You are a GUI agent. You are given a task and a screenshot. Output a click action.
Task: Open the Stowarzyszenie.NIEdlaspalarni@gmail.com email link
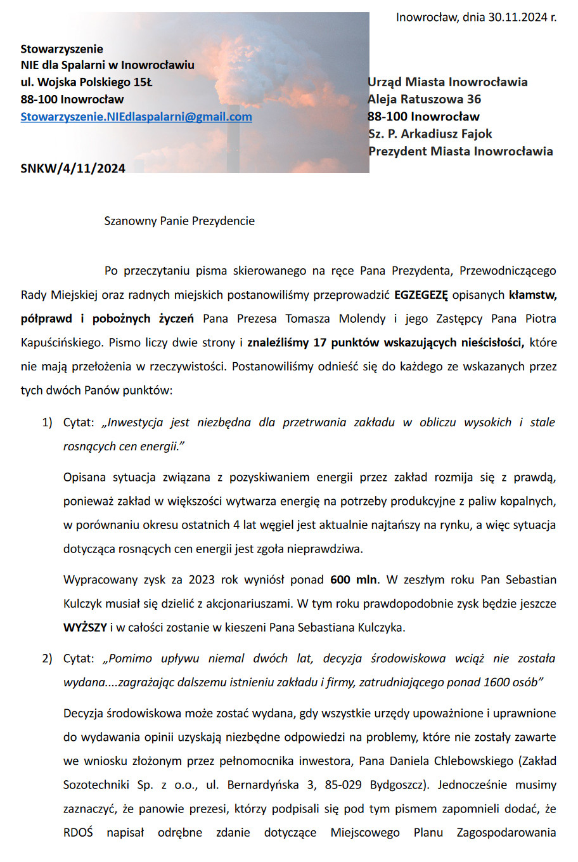[136, 117]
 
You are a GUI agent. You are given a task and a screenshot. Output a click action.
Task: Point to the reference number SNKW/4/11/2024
[73, 168]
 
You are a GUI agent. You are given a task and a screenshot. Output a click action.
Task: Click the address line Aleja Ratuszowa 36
[424, 99]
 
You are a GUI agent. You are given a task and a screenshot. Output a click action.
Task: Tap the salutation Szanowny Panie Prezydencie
[179, 221]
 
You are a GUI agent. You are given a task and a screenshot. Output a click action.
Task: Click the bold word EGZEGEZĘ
[421, 295]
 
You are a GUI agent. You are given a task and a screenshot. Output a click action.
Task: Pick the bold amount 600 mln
[354, 580]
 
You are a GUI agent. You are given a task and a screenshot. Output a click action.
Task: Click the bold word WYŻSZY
[85, 628]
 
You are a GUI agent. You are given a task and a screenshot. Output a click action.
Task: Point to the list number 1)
[47, 422]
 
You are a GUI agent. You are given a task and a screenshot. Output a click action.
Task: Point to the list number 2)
[47, 658]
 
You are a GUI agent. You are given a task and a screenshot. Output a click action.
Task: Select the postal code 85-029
[343, 785]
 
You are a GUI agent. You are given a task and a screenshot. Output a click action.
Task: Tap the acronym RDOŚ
[78, 833]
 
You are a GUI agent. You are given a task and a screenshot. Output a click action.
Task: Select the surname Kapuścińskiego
[61, 343]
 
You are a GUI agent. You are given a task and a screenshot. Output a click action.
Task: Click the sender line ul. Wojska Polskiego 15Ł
[86, 82]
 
